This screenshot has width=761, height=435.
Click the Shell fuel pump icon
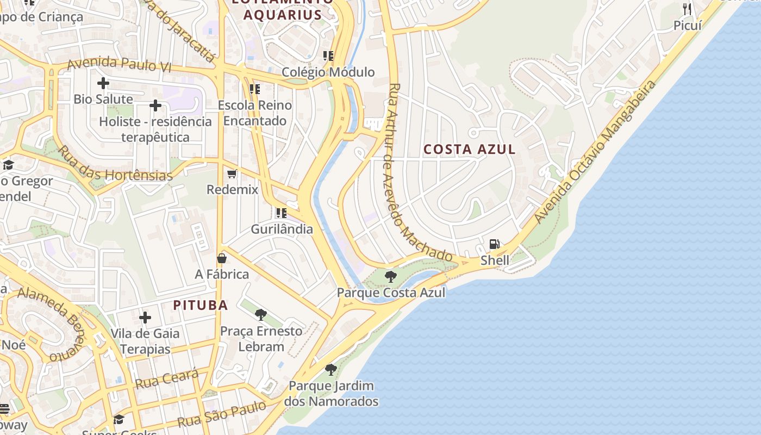click(494, 244)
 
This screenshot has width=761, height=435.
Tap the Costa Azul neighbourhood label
click(469, 149)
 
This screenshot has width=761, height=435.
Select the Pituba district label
click(201, 305)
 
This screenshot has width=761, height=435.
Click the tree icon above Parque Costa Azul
click(390, 277)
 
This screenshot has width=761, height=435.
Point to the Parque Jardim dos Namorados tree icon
click(330, 370)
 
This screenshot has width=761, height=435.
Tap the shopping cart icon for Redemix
click(232, 174)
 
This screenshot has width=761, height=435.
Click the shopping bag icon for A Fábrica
click(222, 258)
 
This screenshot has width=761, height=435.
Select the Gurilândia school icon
click(281, 213)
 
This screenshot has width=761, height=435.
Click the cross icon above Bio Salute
click(103, 83)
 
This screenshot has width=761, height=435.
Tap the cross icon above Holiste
click(155, 105)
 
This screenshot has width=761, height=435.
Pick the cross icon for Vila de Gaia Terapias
click(145, 317)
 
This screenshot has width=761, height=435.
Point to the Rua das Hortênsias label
click(115, 164)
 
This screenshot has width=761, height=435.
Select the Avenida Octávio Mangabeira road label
click(595, 152)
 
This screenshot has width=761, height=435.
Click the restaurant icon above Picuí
click(687, 9)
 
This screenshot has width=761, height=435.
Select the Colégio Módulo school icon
click(328, 55)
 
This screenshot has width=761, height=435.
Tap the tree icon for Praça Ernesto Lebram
click(261, 314)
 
